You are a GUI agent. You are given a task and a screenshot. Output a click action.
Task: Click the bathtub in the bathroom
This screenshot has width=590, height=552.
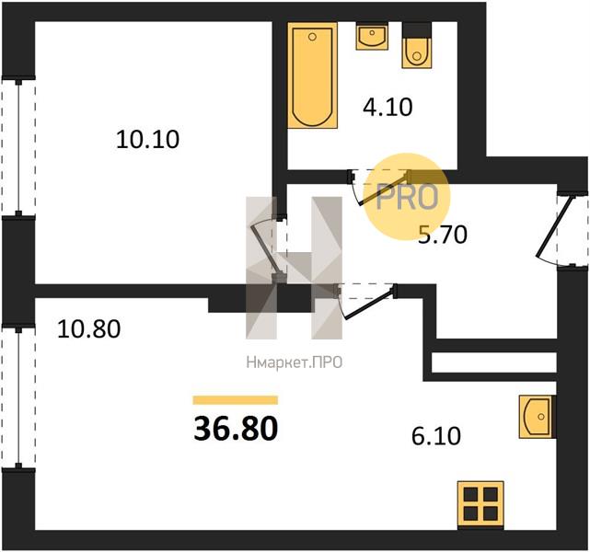coord(313,75)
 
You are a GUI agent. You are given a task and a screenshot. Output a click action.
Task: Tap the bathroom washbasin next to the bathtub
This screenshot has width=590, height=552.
coord(372,36)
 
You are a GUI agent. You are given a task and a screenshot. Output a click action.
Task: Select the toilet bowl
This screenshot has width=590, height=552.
coord(417,45)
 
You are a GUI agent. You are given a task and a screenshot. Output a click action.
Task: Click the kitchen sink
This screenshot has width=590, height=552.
coord(538,416)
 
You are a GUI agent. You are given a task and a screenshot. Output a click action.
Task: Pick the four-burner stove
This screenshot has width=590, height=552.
coord(480,506)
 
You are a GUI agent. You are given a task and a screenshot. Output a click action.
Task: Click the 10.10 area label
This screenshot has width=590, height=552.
coord(147,140)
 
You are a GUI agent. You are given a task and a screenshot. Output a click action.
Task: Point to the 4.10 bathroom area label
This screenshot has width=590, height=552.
coord(388,107)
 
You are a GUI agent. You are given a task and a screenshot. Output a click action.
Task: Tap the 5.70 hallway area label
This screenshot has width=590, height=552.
coord(443,235)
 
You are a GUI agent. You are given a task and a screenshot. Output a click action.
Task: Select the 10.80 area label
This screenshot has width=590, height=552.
coord(88,328)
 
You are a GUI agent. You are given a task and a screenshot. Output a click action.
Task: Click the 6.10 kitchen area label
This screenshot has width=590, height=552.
coord(436,436)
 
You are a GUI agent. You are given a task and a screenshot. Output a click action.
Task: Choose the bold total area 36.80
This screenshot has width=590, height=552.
coord(236,429)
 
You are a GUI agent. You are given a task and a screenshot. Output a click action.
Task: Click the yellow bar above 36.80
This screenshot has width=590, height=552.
coord(236,400)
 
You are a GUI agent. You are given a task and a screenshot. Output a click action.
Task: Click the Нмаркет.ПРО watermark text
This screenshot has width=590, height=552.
coord(295,362)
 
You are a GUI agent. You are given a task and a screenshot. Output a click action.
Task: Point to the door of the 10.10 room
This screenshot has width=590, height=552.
coord(269,249)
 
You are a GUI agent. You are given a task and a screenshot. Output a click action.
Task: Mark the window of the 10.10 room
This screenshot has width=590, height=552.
coord(18,146)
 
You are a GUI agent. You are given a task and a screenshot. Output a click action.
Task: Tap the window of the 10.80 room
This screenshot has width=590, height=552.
coord(18,397)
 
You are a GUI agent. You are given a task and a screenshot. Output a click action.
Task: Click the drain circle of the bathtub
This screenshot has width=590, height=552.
coord(312,37)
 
